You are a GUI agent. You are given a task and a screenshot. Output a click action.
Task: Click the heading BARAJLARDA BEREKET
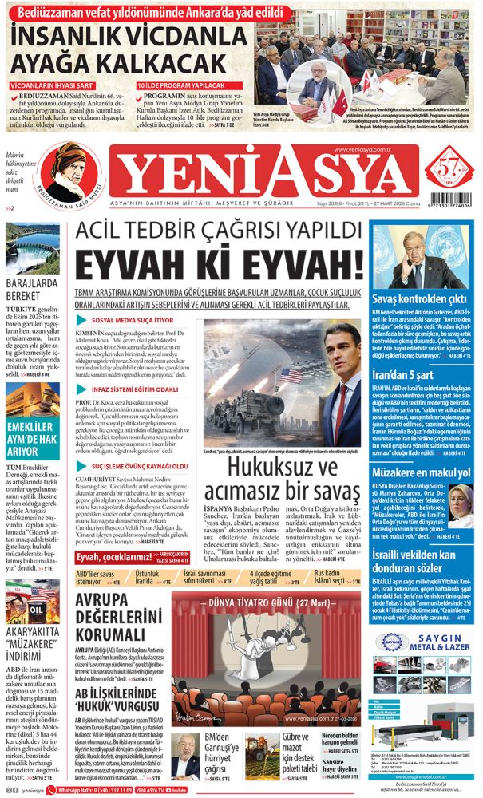click(x=32, y=287)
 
